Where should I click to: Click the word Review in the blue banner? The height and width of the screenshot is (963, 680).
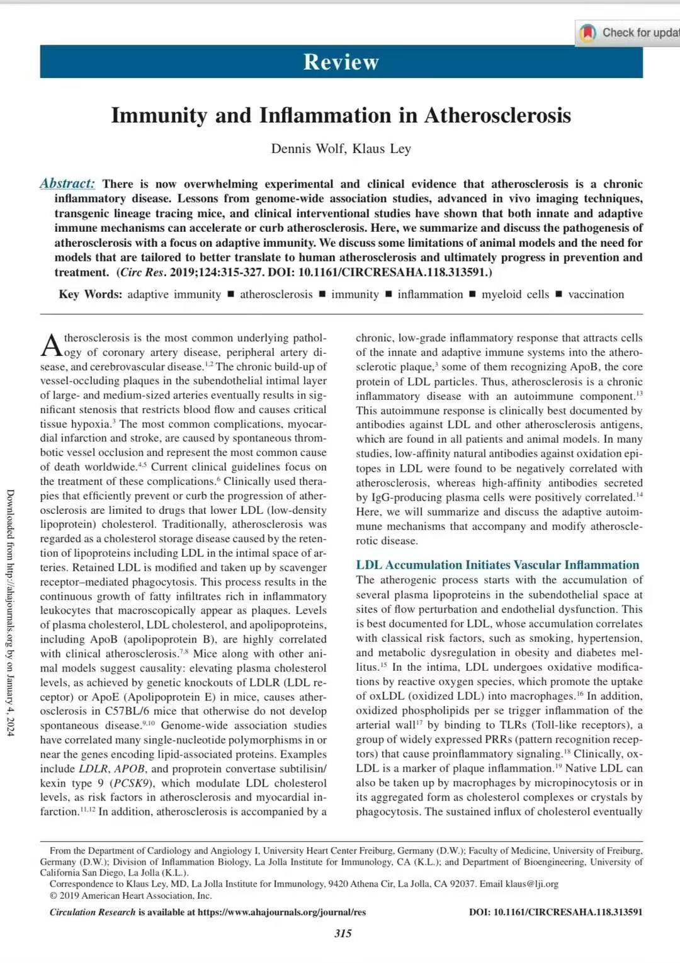tap(341, 62)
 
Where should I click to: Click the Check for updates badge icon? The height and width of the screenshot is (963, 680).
tap(588, 33)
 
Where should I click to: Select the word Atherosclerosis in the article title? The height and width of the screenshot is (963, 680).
tap(497, 115)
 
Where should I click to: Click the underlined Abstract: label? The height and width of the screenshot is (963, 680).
tap(67, 183)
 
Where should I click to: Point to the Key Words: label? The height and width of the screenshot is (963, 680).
tap(91, 294)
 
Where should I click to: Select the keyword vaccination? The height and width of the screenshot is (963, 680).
tap(596, 294)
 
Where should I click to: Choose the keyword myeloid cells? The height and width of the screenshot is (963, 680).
tap(515, 294)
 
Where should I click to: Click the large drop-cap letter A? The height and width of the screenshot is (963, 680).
tap(51, 345)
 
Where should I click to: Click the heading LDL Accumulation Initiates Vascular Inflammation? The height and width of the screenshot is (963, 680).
tap(497, 565)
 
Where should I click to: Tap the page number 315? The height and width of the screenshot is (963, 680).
tap(343, 933)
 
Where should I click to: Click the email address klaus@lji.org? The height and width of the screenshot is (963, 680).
tap(531, 884)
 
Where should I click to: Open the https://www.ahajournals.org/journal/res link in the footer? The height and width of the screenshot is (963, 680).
tap(281, 912)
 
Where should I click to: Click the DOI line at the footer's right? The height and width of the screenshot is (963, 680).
tap(555, 912)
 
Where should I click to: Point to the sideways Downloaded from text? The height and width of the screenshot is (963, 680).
tap(11, 611)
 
